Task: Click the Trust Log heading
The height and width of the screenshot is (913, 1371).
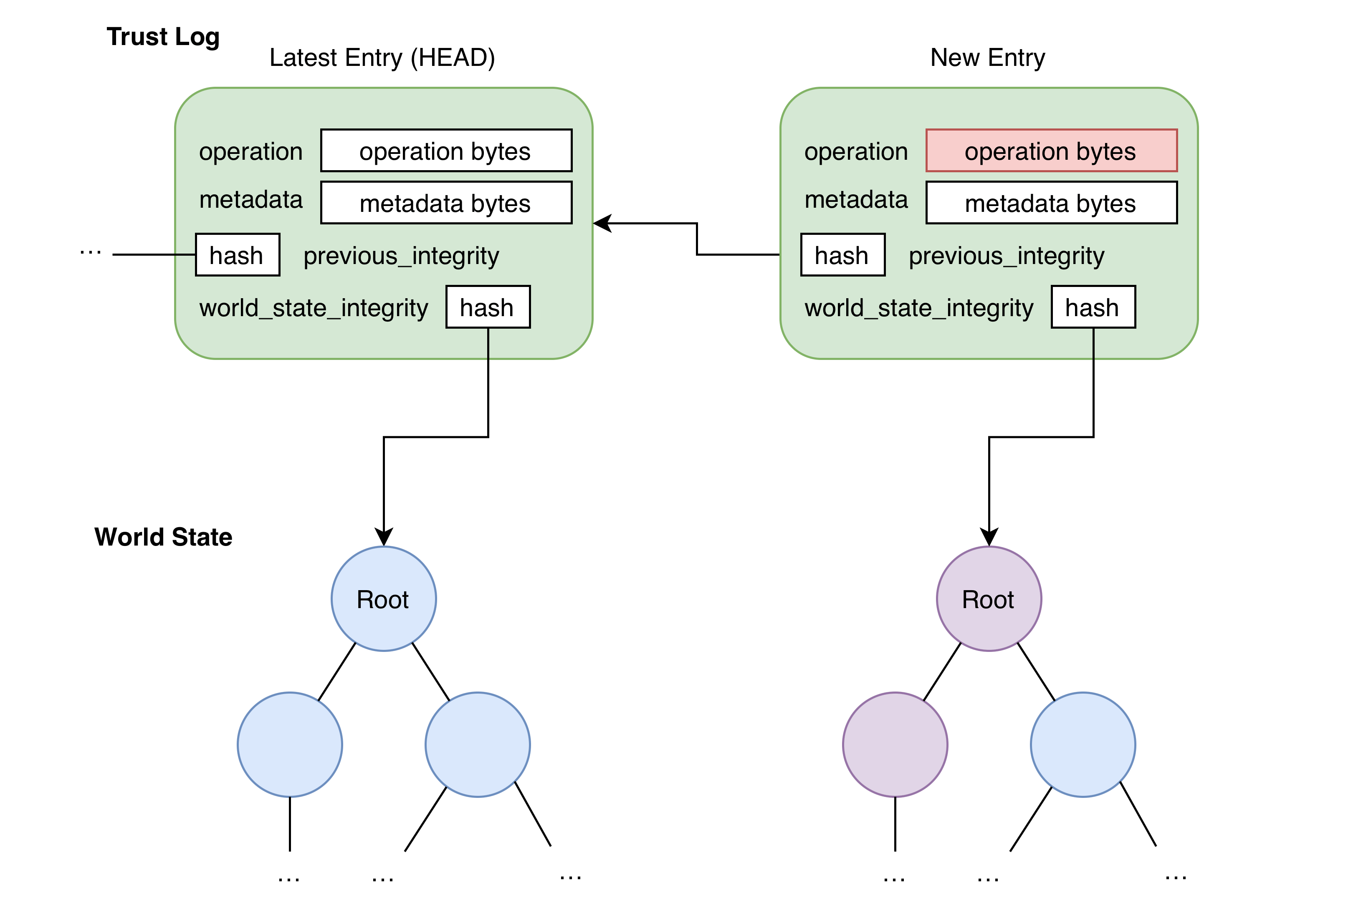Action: tap(162, 37)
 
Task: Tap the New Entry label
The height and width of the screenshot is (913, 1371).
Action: tap(988, 58)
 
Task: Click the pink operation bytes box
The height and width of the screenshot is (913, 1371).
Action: tap(1051, 151)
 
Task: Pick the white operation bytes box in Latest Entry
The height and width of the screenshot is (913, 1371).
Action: tap(446, 151)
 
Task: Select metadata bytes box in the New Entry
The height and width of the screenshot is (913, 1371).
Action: tap(1051, 203)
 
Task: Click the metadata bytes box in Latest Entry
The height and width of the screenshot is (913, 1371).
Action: tap(446, 203)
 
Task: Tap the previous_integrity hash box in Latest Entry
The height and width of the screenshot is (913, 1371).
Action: tap(237, 255)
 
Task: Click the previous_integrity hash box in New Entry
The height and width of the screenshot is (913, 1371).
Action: tap(842, 255)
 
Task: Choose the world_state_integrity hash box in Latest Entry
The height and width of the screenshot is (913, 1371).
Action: tap(488, 307)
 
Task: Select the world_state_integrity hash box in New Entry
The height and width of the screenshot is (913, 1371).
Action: tap(1093, 307)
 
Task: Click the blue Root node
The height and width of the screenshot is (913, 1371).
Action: tap(383, 599)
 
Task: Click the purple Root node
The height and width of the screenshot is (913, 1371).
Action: tap(989, 599)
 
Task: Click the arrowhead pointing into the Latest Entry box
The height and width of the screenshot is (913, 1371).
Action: tap(602, 223)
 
